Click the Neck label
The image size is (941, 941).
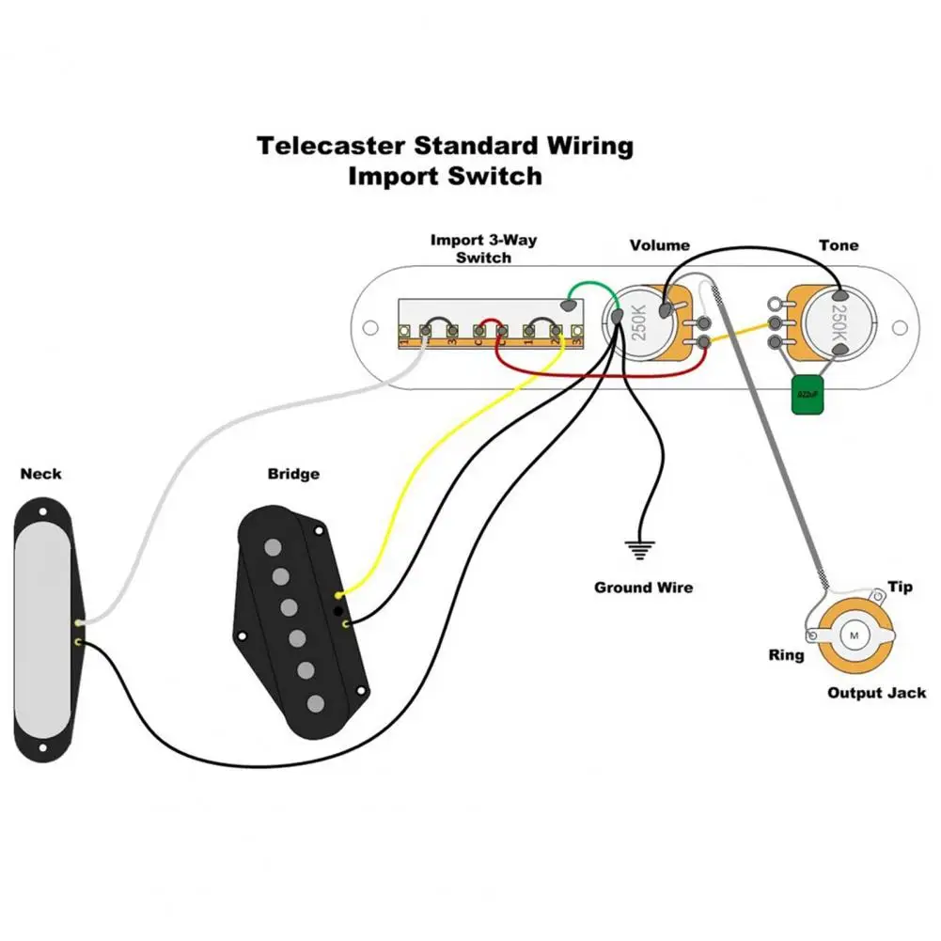[x=40, y=473]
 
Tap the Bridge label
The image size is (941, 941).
[x=292, y=474]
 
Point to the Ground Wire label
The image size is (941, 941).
[x=643, y=588]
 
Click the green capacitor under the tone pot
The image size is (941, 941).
[x=806, y=395]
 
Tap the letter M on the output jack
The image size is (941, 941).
[x=855, y=635]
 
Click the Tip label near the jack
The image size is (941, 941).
[x=900, y=588]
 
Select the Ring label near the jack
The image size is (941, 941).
[x=786, y=655]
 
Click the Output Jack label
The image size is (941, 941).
[x=876, y=693]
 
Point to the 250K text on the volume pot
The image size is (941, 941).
[x=639, y=322]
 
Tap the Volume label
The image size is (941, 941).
[x=659, y=245]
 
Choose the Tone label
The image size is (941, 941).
[x=838, y=245]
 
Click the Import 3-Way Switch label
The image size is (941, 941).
[x=483, y=248]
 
